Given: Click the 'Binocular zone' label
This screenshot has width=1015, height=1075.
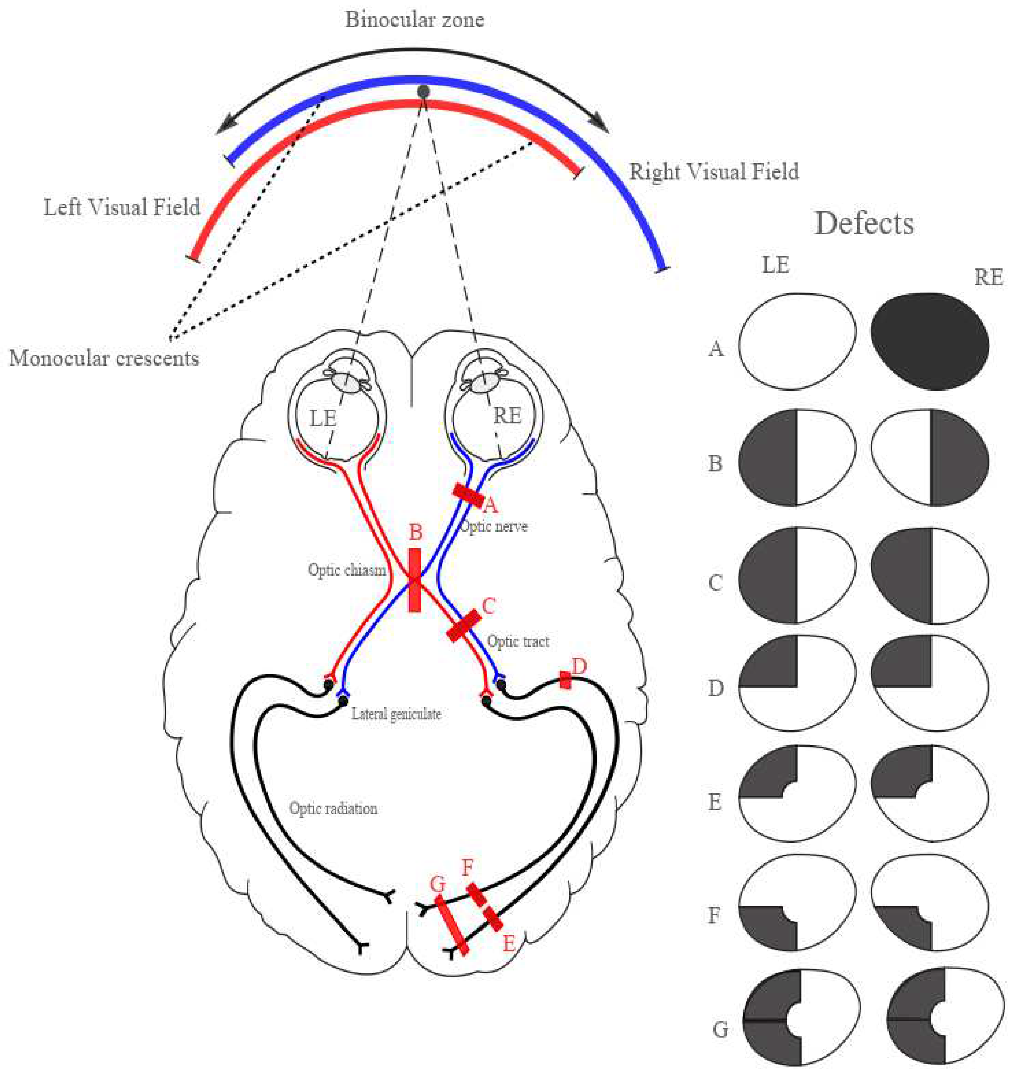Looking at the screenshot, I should [x=414, y=20].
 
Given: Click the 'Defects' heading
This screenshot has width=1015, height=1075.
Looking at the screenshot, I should [x=864, y=223].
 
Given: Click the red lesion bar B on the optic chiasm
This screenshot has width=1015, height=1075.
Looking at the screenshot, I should [x=414, y=580].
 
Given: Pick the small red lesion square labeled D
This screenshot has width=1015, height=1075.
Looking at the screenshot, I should [x=565, y=680].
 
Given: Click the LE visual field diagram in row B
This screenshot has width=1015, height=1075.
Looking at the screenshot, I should [x=796, y=458].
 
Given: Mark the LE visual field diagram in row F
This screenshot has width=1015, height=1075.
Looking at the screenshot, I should [x=796, y=902].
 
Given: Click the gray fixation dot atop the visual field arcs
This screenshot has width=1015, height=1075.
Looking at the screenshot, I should [x=424, y=92].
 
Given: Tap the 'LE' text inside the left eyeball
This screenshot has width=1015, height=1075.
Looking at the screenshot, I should [x=323, y=418].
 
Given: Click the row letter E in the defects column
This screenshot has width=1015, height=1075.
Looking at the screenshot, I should [x=715, y=802].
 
